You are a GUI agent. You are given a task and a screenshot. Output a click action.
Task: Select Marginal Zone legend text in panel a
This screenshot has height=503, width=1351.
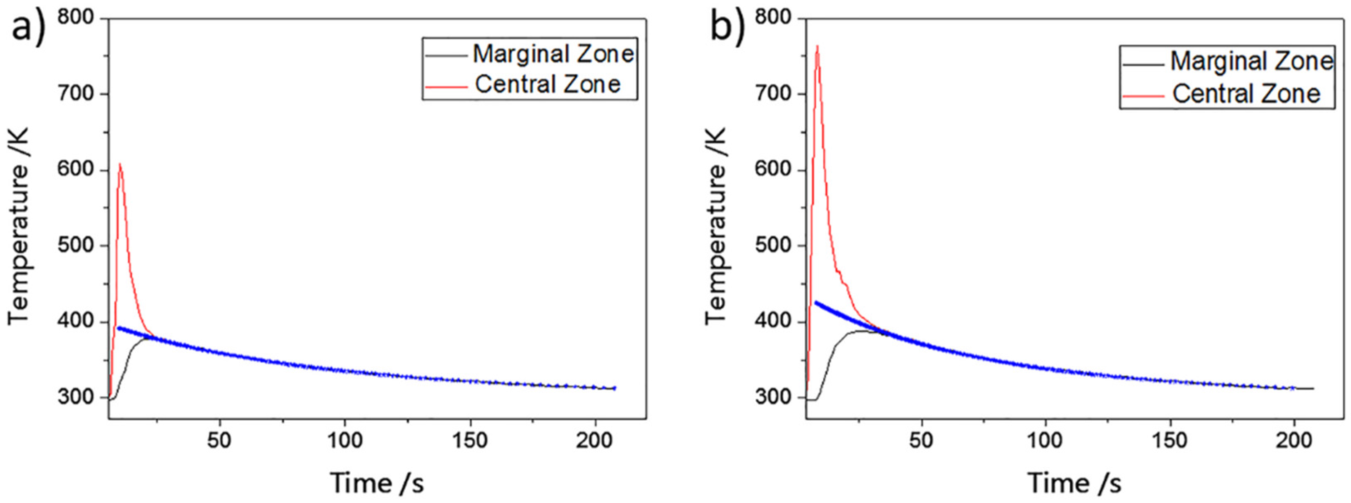553,54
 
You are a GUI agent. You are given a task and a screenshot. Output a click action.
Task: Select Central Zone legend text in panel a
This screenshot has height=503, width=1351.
548,85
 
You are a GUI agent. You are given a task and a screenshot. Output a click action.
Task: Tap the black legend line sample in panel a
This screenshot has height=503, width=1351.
445,56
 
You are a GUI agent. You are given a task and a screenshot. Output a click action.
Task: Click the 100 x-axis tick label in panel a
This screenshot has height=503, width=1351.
344,441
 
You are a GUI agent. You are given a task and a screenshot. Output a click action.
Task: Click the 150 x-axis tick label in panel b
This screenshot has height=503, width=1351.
1170,441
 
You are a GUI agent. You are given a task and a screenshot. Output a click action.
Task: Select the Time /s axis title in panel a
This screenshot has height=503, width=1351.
376,483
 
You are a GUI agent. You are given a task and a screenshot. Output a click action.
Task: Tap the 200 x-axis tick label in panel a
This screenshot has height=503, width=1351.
594,441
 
